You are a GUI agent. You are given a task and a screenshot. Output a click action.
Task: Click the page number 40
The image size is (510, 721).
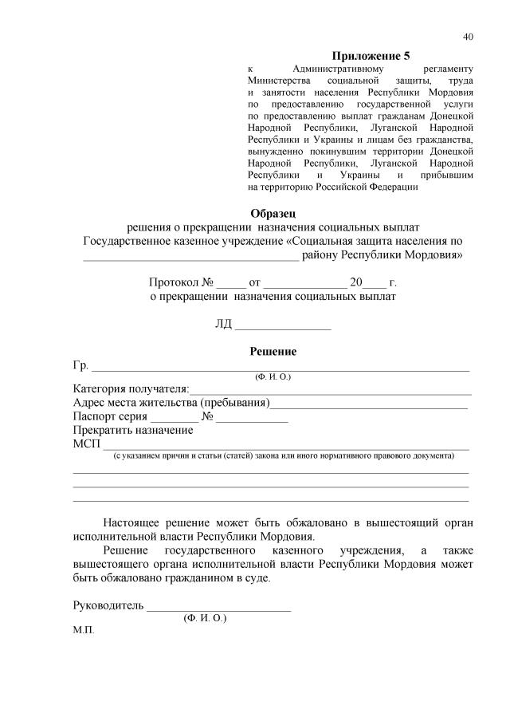coord(468,37)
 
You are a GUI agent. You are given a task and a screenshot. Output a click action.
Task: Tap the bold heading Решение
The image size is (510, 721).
coord(273,351)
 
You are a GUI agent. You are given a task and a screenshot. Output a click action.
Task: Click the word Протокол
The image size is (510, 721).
coord(174,282)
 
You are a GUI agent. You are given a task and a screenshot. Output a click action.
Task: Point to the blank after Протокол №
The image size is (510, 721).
coord(232,283)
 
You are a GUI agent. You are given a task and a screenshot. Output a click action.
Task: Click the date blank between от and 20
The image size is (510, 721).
coord(304,283)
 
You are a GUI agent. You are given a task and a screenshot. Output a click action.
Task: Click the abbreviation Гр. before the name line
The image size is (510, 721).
coord(80,365)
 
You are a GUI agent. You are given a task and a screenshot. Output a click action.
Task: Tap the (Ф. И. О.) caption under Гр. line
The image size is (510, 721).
coord(273,376)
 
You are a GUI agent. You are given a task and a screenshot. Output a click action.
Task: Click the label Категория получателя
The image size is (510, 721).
coord(130,388)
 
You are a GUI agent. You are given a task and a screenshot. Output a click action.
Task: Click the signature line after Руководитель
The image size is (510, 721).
coord(218,607)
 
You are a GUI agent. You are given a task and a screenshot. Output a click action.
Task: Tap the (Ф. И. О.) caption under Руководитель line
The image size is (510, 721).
coord(205,617)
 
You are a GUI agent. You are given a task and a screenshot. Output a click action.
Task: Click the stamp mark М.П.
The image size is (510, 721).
coord(83,630)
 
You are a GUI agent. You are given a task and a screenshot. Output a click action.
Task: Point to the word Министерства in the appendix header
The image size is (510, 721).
coord(279,81)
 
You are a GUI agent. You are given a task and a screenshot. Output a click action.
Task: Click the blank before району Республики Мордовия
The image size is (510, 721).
coord(191,255)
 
